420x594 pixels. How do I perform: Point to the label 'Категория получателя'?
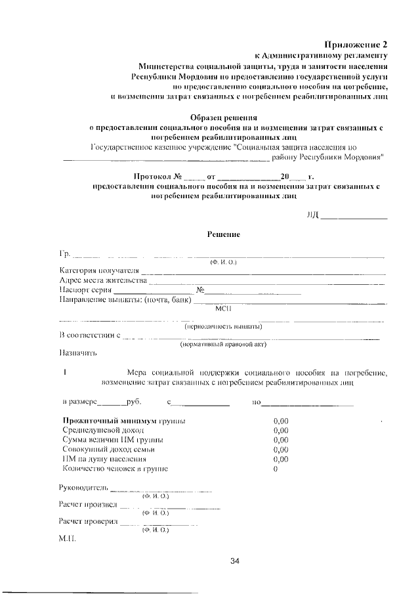click(98, 271)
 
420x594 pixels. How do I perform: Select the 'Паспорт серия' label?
click(86, 291)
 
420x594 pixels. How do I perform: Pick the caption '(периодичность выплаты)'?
click(223, 327)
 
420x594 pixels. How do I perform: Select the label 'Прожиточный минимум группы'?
click(123, 420)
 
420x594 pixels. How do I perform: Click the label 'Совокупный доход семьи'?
click(108, 450)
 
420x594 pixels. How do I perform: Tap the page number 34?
click(236, 561)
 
